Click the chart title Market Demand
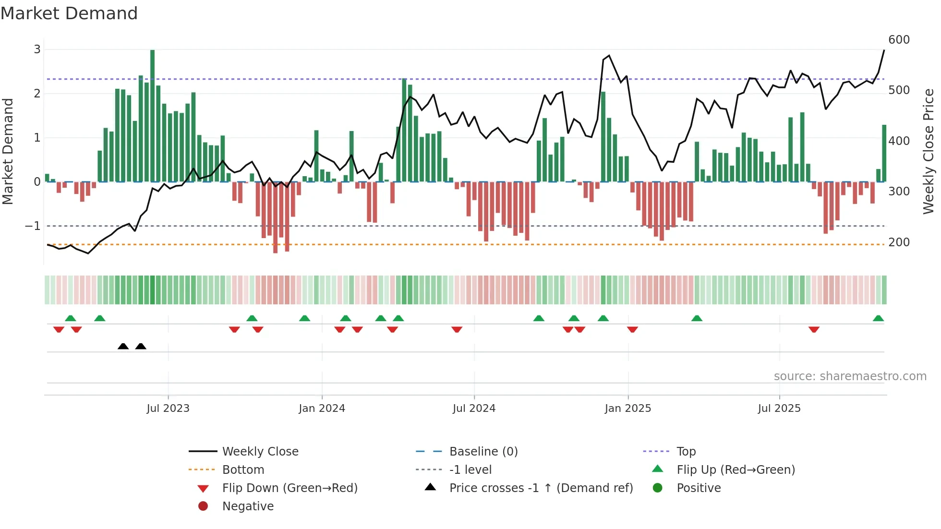click(x=69, y=13)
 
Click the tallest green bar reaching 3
click(x=152, y=115)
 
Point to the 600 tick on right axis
click(x=899, y=40)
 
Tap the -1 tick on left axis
click(x=33, y=226)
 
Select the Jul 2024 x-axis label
click(x=474, y=409)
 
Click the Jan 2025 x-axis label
click(x=627, y=409)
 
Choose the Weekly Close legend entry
click(x=260, y=452)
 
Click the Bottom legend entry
click(x=243, y=470)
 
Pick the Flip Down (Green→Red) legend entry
click(x=290, y=488)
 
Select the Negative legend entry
click(x=248, y=506)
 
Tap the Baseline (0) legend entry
click(x=483, y=452)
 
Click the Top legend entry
click(x=686, y=452)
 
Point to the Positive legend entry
click(x=699, y=488)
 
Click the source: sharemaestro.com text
click(x=850, y=376)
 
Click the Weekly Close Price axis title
click(x=929, y=151)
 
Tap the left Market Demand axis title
click(x=8, y=151)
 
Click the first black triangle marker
click(x=123, y=346)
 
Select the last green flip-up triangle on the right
click(x=878, y=318)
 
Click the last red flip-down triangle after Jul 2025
click(x=814, y=329)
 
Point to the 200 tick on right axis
click(x=899, y=242)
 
